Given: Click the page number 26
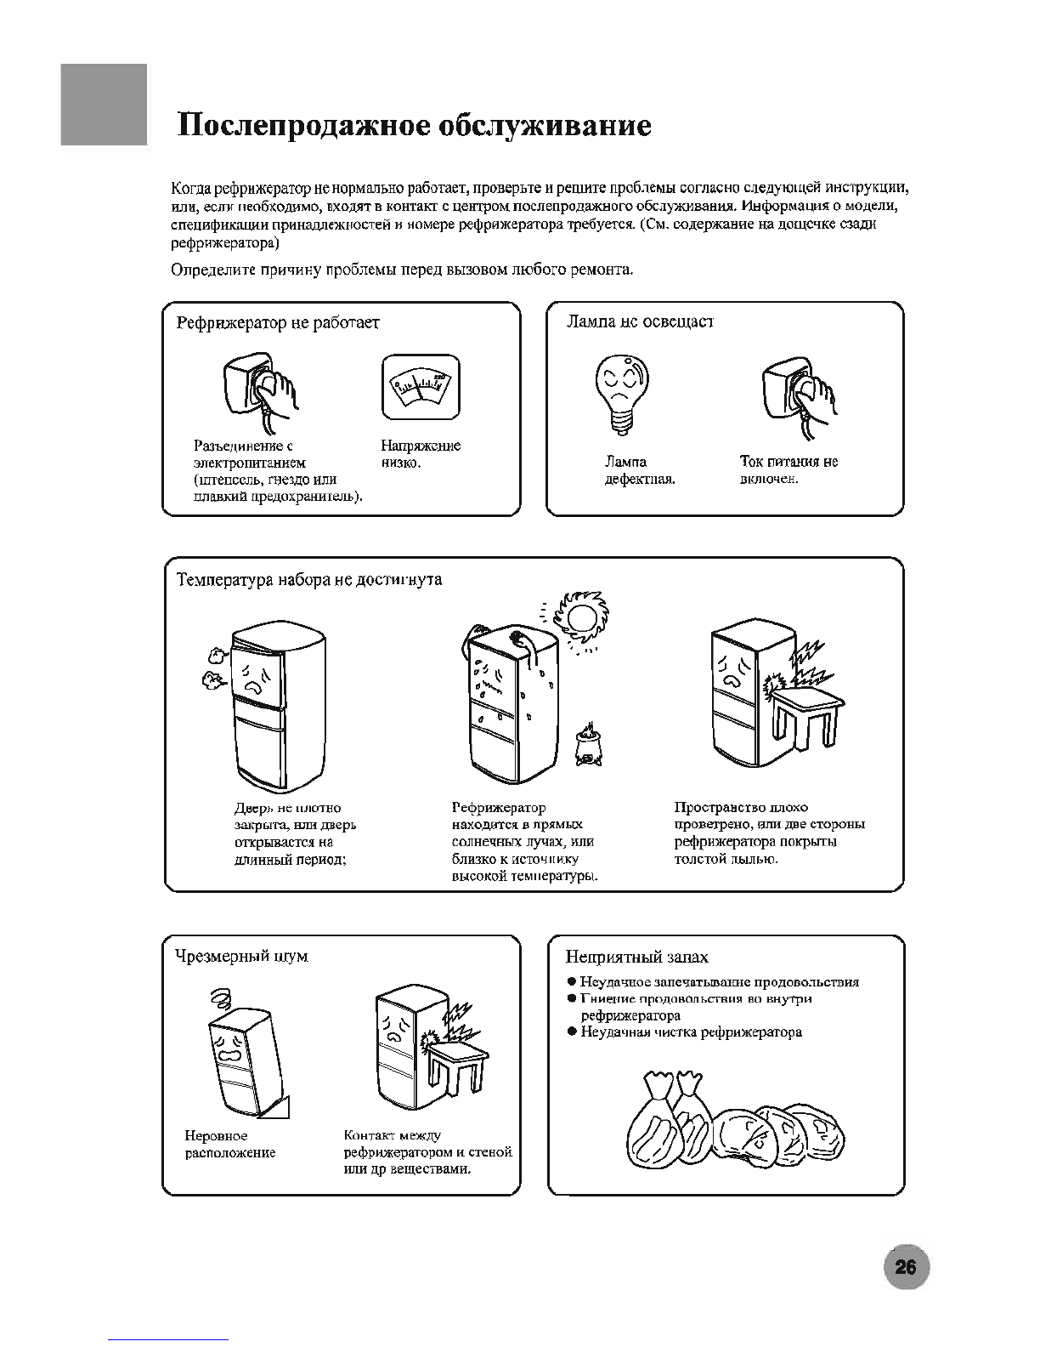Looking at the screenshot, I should click(x=906, y=1268).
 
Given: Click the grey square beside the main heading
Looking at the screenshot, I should click(x=104, y=105).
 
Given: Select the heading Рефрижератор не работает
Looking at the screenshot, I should click(x=278, y=323).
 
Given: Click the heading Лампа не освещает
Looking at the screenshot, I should click(x=640, y=321).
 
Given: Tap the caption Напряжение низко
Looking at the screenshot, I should click(x=421, y=454).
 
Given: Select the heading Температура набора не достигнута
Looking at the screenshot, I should click(x=309, y=580).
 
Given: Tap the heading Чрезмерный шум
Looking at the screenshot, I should click(x=241, y=956).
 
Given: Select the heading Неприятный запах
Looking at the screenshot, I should click(x=636, y=958).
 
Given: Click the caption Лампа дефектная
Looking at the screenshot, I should click(x=639, y=470).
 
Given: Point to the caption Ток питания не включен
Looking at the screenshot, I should click(x=788, y=470).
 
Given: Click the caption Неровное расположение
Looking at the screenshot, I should click(x=230, y=1145).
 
